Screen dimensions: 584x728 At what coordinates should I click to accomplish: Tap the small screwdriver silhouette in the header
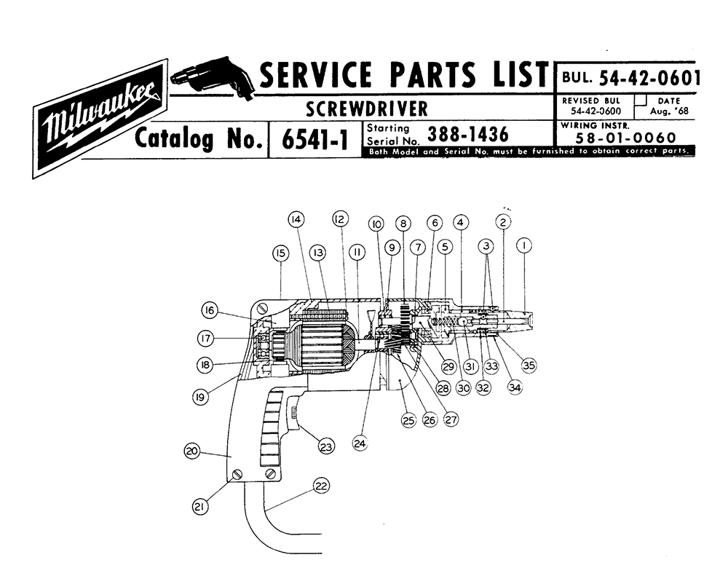213,75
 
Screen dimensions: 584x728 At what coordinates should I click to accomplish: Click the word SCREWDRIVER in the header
366,109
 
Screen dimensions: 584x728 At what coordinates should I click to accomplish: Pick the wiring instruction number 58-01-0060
625,138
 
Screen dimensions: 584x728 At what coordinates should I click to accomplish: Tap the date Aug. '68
668,111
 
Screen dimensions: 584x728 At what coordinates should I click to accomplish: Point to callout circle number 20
192,451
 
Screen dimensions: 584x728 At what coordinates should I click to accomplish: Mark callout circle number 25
407,419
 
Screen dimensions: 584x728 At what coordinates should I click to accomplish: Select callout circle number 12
339,218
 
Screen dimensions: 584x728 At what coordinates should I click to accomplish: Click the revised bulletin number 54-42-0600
590,111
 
